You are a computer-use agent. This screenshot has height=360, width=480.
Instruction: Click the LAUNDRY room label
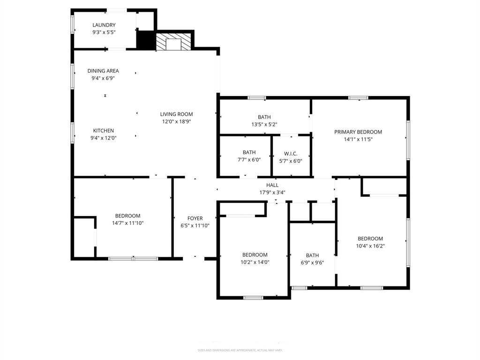pyautogui.click(x=104, y=25)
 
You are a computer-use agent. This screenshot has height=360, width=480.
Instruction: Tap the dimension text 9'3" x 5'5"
pyautogui.click(x=104, y=32)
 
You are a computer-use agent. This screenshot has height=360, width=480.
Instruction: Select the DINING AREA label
pyautogui.click(x=103, y=71)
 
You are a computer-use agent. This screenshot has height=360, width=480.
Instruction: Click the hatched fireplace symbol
pyautogui.click(x=174, y=42)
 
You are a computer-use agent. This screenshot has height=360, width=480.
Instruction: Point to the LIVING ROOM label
pyautogui.click(x=176, y=114)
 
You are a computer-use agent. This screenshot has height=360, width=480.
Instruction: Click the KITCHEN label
pyautogui.click(x=103, y=130)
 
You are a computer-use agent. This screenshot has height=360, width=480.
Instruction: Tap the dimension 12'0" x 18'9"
pyautogui.click(x=176, y=121)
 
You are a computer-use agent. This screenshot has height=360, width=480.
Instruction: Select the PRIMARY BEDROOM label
pyautogui.click(x=358, y=132)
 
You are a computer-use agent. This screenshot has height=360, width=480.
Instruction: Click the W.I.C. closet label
pyautogui.click(x=291, y=153)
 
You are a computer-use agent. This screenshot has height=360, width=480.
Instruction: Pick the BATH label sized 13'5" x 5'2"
pyautogui.click(x=264, y=117)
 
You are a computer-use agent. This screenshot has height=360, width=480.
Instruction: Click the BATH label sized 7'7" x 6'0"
pyautogui.click(x=249, y=152)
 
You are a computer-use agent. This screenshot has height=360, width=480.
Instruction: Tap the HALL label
pyautogui.click(x=272, y=185)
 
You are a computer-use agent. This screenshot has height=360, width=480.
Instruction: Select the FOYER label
pyautogui.click(x=195, y=218)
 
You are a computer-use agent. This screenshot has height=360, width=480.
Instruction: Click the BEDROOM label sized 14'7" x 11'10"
pyautogui.click(x=127, y=216)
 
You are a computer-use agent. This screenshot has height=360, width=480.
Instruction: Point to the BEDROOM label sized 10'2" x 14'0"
pyautogui.click(x=255, y=255)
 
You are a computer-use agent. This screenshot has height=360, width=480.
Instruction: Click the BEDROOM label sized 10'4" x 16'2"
pyautogui.click(x=370, y=238)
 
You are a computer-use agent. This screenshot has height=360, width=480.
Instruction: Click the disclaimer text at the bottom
pyautogui.click(x=240, y=350)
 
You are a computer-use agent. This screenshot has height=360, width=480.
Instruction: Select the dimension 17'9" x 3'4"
pyautogui.click(x=272, y=192)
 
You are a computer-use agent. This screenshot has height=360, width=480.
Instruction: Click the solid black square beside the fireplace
pyautogui.click(x=145, y=39)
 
